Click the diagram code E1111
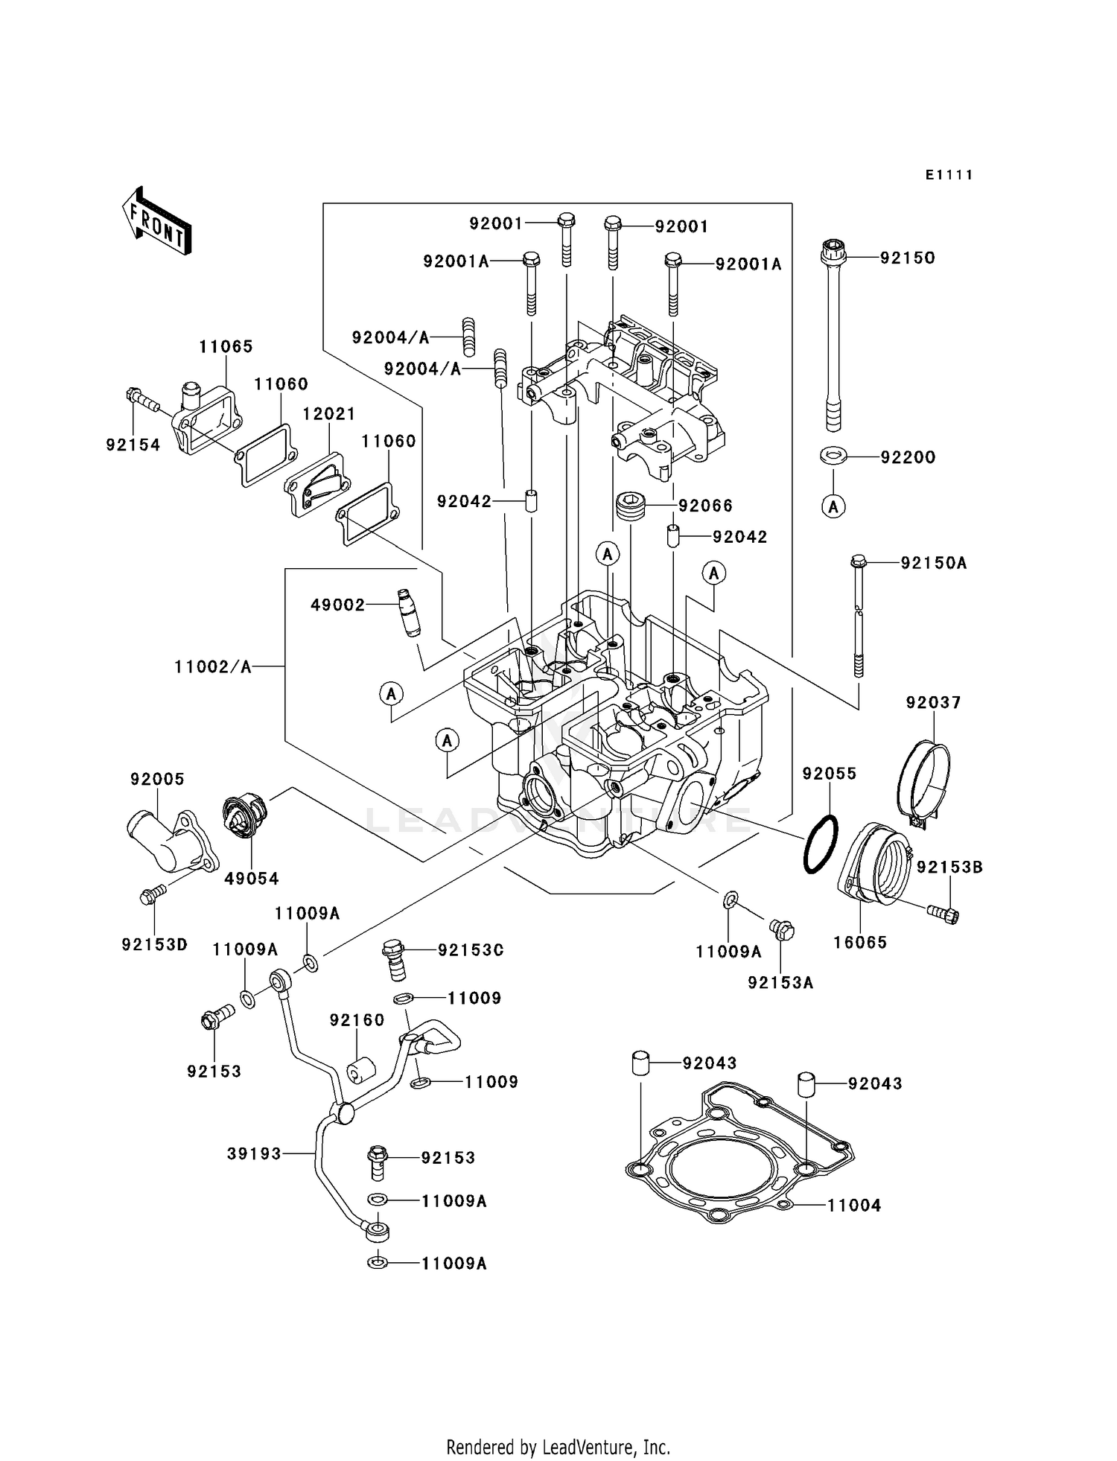point(949,175)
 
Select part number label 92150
point(907,258)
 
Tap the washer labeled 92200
point(833,456)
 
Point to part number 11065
point(226,346)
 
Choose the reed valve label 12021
point(328,413)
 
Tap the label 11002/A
point(212,666)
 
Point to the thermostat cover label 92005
point(157,779)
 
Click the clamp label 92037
point(933,702)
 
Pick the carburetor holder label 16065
point(860,942)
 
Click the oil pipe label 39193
point(254,1153)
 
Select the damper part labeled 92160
point(360,1072)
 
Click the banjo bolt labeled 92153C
point(395,960)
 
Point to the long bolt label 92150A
point(933,563)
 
